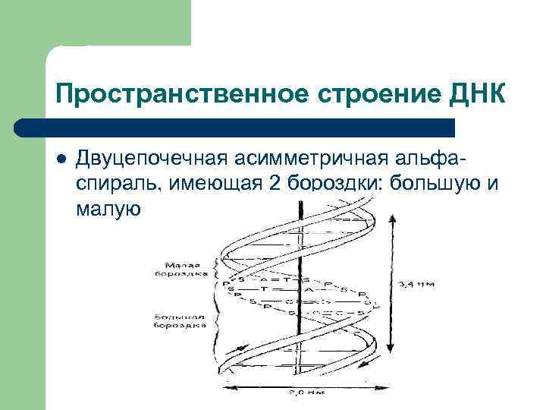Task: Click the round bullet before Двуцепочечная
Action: tap(61, 159)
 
